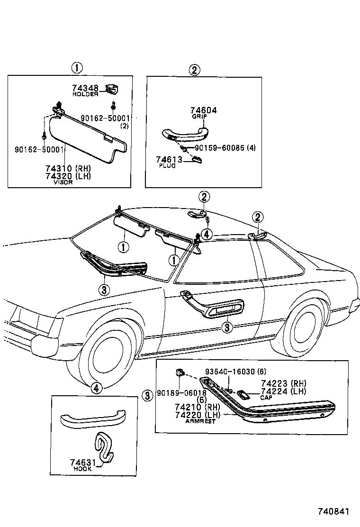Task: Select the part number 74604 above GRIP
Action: (x=204, y=110)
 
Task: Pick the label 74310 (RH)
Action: (x=68, y=169)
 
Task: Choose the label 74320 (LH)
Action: (x=68, y=176)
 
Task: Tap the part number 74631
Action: (x=83, y=463)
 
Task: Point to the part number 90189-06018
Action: (x=181, y=393)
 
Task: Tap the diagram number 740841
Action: (x=333, y=512)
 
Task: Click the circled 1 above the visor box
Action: (x=77, y=68)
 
